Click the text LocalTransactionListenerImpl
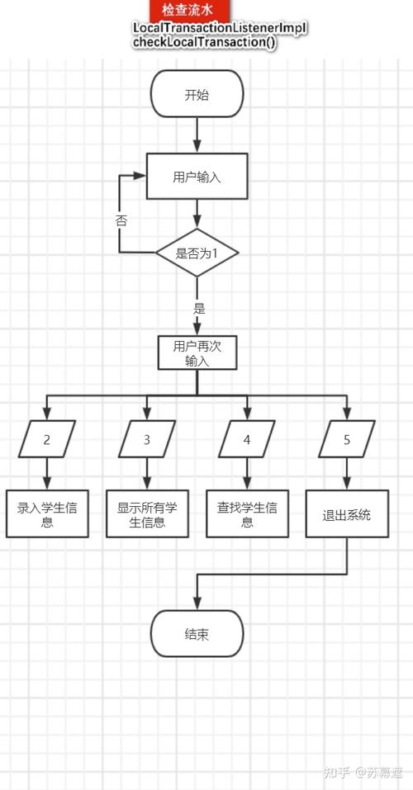pos(220,29)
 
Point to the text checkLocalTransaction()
pos(204,42)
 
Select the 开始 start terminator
pos(197,94)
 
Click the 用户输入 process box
pos(197,177)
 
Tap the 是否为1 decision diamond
pos(197,253)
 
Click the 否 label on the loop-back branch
pos(121,220)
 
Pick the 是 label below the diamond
pos(198,309)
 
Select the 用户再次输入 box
pos(197,353)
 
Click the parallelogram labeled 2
pos(47,439)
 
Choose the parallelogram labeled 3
pos(147,439)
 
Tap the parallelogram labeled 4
pos(247,439)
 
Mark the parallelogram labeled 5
pos(347,439)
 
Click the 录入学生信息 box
pos(47,515)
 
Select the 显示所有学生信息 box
pos(147,515)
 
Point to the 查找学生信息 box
pos(247,515)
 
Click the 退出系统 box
pos(347,515)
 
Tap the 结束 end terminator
pos(197,635)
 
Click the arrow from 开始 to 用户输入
pos(197,135)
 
